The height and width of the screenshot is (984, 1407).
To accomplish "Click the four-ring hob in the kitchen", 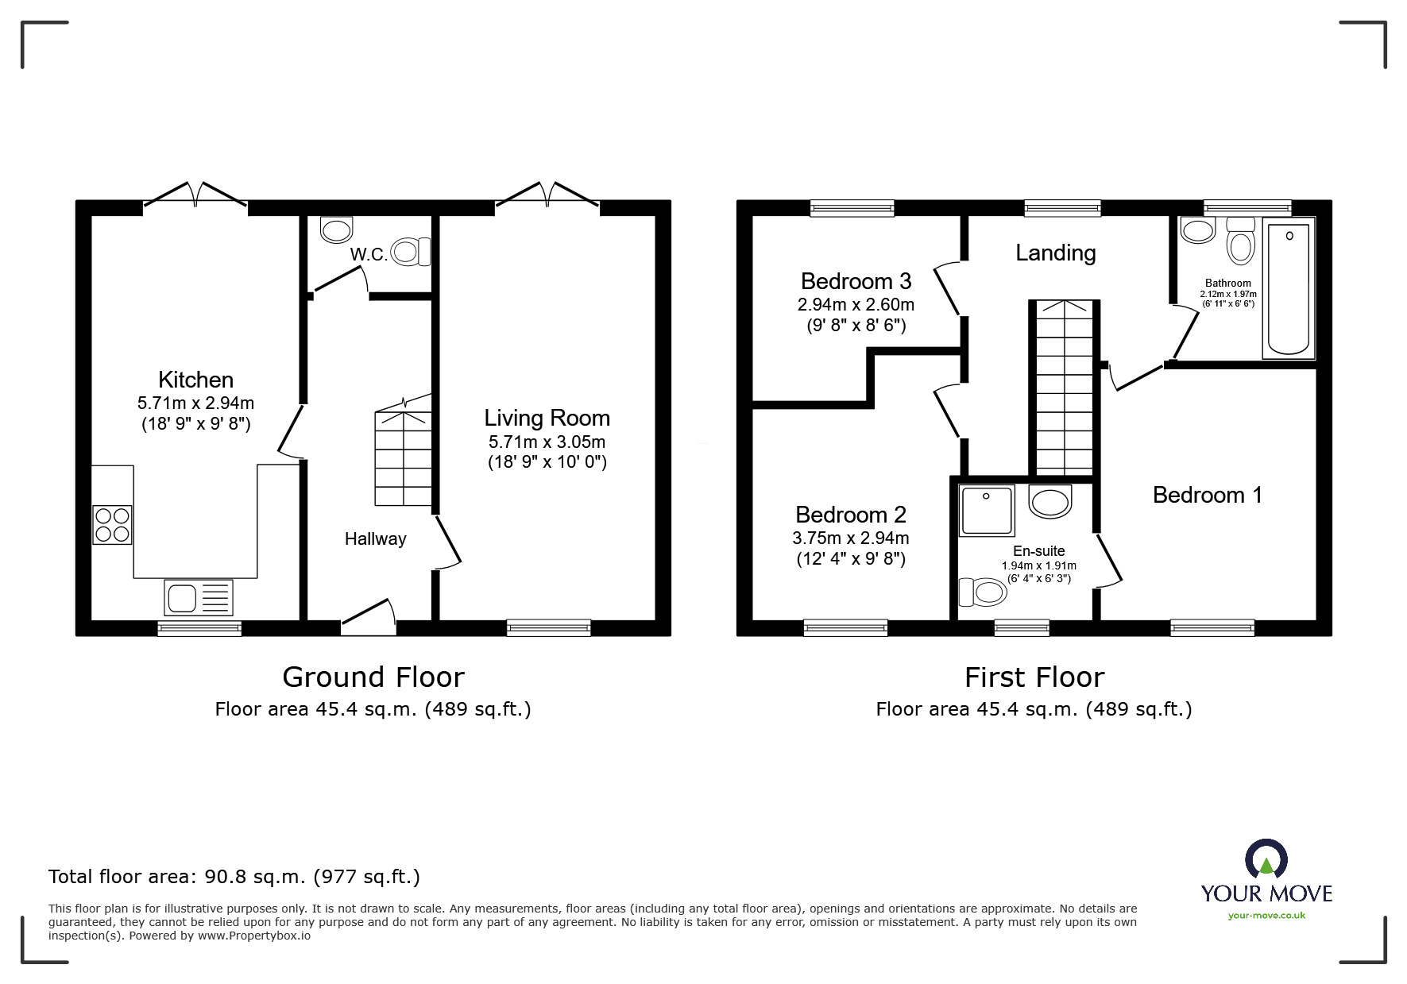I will (x=112, y=524).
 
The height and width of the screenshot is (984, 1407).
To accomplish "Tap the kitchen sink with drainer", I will (x=199, y=597).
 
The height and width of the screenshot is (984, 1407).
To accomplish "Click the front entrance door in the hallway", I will (x=369, y=620).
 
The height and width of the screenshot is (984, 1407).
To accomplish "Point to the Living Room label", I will (x=547, y=418).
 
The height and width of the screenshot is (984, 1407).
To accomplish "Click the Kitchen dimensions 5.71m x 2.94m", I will (x=195, y=403).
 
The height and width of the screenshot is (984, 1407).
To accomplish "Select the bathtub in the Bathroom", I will (x=1288, y=289).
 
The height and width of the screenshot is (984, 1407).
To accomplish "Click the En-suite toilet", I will (x=982, y=592).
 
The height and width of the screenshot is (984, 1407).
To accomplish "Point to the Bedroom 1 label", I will (x=1207, y=495).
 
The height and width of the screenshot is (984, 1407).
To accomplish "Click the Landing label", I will (x=1055, y=253).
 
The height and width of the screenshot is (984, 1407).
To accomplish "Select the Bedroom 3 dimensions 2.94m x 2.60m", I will (x=856, y=305).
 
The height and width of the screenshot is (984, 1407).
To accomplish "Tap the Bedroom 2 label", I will (x=850, y=515).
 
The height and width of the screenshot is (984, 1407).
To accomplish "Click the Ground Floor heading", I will (x=373, y=677).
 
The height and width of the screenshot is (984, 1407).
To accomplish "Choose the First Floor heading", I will (x=1034, y=677).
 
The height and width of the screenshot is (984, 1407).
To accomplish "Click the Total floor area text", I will (x=234, y=877).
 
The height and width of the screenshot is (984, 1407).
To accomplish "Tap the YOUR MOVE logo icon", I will (x=1266, y=861).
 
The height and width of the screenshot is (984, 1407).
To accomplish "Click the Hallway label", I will (x=375, y=538).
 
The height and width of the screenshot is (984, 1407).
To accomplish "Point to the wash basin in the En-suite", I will (x=1049, y=501).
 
